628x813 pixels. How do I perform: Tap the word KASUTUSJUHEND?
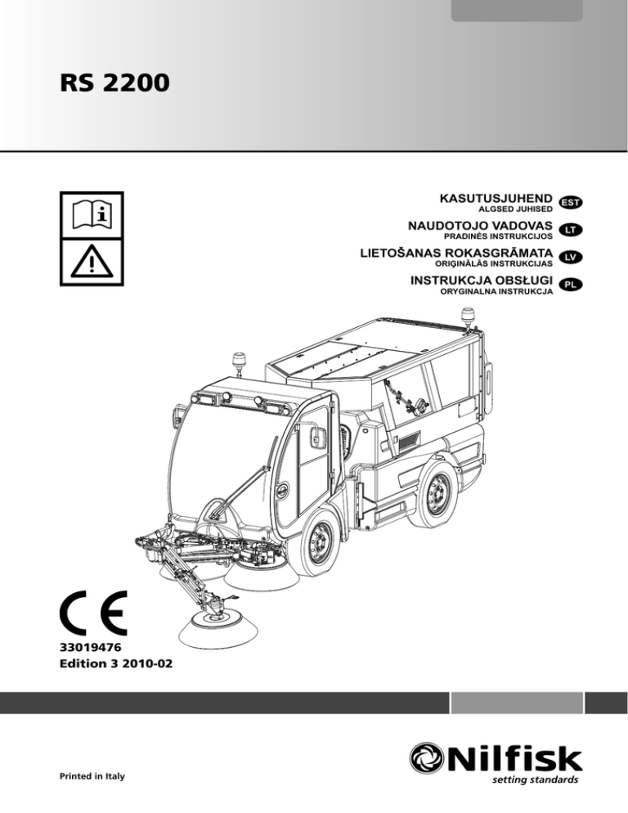tap(495, 197)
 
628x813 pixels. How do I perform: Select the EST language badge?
tap(572, 201)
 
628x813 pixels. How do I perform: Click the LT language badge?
tap(572, 230)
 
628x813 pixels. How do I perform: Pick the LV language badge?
tap(572, 258)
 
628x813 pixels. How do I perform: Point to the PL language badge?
tap(572, 285)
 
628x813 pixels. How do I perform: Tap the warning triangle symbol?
tap(92, 261)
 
